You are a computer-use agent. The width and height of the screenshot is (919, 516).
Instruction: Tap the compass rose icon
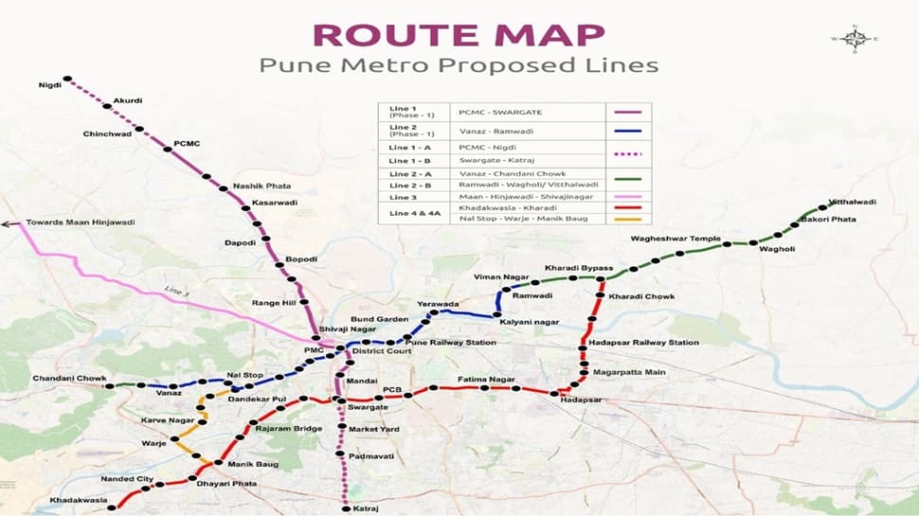click(856, 39)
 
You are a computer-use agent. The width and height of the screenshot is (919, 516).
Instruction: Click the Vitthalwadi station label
click(853, 202)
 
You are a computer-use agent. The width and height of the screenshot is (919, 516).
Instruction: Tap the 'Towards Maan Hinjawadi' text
click(81, 222)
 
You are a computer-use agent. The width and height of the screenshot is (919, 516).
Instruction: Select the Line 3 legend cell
click(402, 197)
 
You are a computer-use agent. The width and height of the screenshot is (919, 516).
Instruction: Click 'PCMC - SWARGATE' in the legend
click(496, 113)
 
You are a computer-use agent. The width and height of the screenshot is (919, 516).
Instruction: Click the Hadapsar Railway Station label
click(644, 343)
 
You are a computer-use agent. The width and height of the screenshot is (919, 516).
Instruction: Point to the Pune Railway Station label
click(451, 341)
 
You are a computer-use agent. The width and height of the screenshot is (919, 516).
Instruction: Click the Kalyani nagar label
click(529, 322)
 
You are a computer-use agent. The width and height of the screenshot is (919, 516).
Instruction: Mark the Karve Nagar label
click(168, 419)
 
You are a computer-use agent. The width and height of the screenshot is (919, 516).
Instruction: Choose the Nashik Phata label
click(262, 186)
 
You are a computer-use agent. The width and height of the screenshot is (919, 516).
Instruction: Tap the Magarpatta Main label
click(629, 372)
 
